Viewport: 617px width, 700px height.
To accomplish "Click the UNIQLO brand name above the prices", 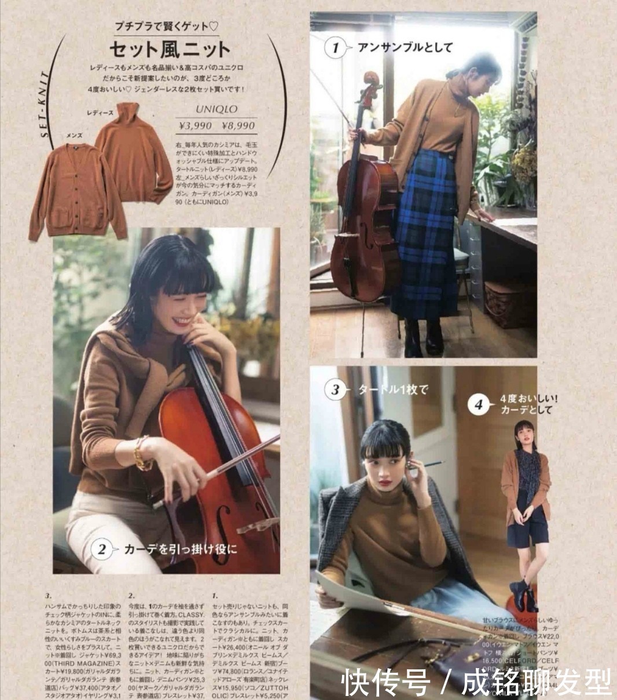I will pyautogui.click(x=216, y=109).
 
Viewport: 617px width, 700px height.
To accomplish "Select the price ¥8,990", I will pyautogui.click(x=238, y=126).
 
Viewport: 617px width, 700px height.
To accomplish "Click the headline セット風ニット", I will pyautogui.click(x=170, y=49).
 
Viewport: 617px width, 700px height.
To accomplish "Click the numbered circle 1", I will pyautogui.click(x=334, y=47).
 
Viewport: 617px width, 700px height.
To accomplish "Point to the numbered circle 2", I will pyautogui.click(x=102, y=549).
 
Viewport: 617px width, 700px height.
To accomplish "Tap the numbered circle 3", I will pyautogui.click(x=335, y=389).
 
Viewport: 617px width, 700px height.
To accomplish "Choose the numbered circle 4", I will pyautogui.click(x=478, y=404).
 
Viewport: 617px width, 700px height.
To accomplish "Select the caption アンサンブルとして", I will pyautogui.click(x=405, y=47).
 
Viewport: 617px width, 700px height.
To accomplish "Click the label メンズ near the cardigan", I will pyautogui.click(x=74, y=134).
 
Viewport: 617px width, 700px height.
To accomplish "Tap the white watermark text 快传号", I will pyautogui.click(x=385, y=683).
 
